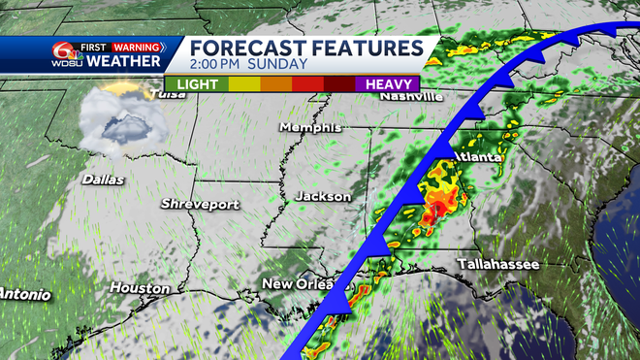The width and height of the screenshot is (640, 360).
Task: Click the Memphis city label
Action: point(309,127)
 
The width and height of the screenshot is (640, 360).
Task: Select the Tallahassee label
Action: point(499,264)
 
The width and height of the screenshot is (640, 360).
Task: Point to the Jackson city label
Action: point(323,196)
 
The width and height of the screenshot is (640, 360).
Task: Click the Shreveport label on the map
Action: point(202,204)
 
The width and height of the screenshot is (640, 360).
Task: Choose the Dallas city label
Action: point(102,179)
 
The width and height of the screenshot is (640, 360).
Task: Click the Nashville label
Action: point(411,97)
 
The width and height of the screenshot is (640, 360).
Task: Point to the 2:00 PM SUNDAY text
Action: point(248,65)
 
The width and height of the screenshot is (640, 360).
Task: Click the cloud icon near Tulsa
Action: point(117,121)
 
